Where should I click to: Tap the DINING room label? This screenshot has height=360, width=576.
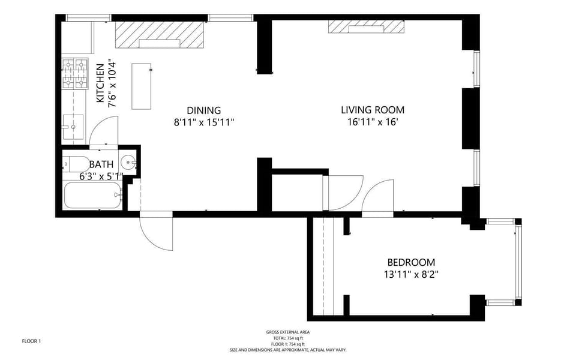coord(204,110)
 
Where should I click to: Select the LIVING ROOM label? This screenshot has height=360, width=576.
coord(373,110)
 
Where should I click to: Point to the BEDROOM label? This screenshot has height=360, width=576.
coord(411,262)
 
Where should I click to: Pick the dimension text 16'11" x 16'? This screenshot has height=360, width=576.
coord(373,122)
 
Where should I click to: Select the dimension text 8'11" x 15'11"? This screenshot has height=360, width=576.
coord(204,122)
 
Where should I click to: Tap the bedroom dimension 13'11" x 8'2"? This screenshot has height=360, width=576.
coord(411,275)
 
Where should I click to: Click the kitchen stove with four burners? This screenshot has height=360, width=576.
coord(75,73)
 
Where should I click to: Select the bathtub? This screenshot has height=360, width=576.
coord(92,196)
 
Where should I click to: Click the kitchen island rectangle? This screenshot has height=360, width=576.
coord(142,86)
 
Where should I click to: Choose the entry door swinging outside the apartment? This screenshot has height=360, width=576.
coord(157,231)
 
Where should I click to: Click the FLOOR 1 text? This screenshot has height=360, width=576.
coord(31,341)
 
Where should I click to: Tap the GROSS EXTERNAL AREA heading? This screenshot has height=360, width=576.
coord(288,332)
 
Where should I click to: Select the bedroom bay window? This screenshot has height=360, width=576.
coord(517,262)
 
